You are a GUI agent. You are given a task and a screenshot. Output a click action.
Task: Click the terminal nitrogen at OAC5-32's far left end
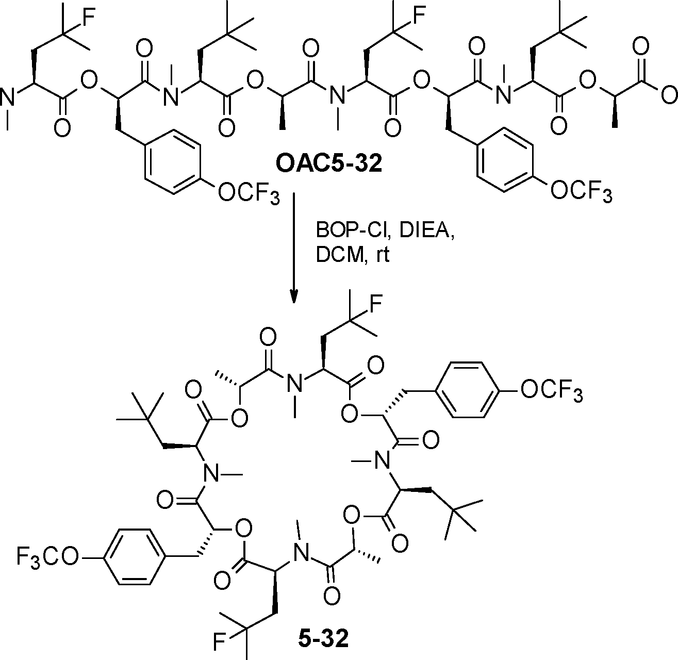click(x=9, y=97)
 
